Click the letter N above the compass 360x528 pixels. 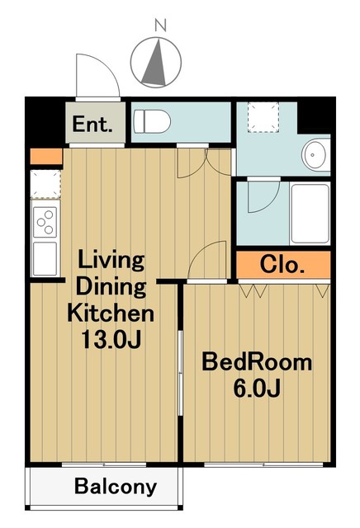point(161,26)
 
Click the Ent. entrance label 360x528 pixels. point(92,124)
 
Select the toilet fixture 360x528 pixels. point(151,121)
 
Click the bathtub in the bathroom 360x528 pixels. point(310,214)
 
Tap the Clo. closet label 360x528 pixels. point(282,265)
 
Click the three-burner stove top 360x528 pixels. point(45,222)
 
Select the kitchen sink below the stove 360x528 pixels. point(45,258)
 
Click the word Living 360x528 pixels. point(111,261)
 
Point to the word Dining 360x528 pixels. point(111,287)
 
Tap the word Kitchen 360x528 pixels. point(111,313)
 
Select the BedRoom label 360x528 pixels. point(257,362)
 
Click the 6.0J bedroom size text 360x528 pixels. point(257,389)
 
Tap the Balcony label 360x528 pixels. point(116,487)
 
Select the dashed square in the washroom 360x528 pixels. point(263,117)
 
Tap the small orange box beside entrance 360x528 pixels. point(46,157)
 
